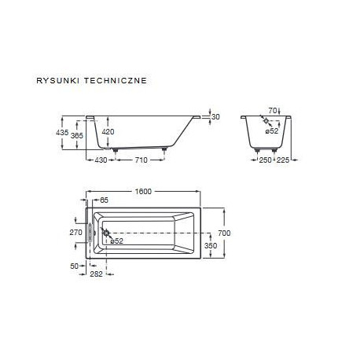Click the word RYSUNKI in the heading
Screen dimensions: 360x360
coord(58,80)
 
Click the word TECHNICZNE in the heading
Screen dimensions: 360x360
coord(116,80)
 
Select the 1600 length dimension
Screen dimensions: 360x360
coord(143,192)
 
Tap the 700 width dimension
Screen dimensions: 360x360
coord(224,233)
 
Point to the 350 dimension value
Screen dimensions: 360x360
coord(211,245)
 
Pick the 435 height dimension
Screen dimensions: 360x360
coord(62,133)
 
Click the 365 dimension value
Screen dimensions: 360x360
coord(77,135)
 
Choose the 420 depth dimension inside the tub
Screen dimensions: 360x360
coord(108,131)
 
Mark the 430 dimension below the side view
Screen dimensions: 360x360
coord(101,160)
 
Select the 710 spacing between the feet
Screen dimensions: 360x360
coord(141,160)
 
